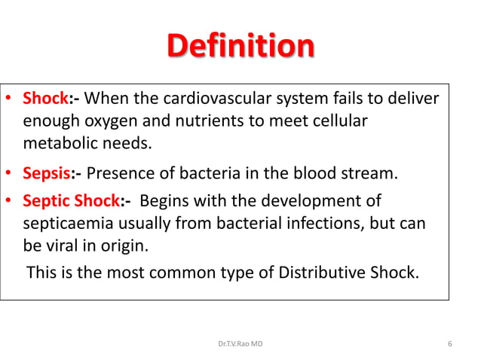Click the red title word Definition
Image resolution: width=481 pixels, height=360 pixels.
point(240,46)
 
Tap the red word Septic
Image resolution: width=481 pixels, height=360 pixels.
point(47,202)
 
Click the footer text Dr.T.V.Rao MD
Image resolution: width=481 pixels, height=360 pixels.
point(240,344)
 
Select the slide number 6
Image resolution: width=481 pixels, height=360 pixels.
point(449,344)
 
